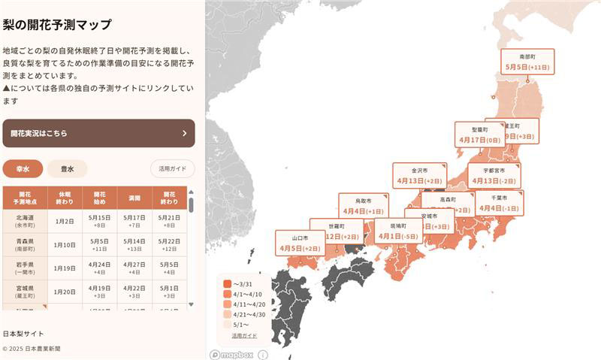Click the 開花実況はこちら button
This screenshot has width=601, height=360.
(98, 133)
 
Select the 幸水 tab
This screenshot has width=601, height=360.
(23, 169)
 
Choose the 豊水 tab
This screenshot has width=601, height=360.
(67, 169)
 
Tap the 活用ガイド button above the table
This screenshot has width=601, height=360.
(172, 169)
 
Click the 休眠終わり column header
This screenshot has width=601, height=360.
(64, 198)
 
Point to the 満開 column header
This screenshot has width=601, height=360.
(134, 198)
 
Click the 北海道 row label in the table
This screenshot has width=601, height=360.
(24, 221)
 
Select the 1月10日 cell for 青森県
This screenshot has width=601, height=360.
(64, 244)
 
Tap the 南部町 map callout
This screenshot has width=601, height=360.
(527, 62)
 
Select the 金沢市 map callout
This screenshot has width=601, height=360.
(419, 176)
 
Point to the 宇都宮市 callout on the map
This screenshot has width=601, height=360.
(494, 176)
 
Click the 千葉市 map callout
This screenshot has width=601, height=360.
(500, 203)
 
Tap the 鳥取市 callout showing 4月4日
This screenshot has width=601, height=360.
(364, 206)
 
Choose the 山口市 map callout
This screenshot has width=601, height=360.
(300, 243)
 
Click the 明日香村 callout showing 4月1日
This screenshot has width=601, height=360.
(398, 231)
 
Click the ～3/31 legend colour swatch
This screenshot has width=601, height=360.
(227, 283)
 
